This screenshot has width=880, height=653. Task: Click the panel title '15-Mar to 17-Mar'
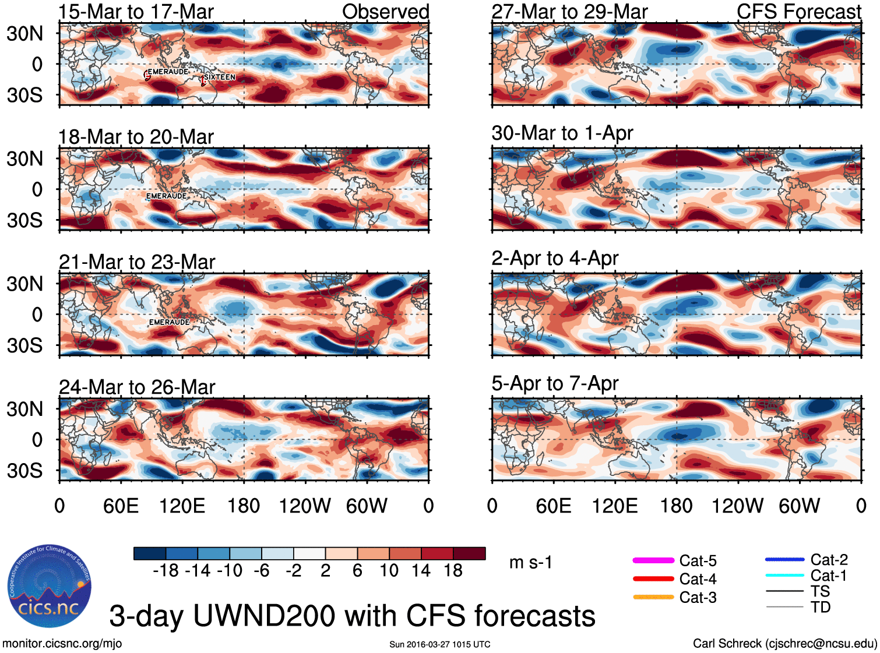tap(136, 12)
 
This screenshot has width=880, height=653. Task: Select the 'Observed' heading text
tap(385, 12)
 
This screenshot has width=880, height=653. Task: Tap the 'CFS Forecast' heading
tap(798, 12)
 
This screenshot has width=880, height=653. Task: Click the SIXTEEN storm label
tap(219, 77)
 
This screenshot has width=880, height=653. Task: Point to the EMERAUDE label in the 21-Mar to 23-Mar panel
tap(169, 322)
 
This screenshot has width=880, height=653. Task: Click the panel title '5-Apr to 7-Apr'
tap(555, 383)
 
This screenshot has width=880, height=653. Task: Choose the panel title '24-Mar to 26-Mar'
tap(137, 387)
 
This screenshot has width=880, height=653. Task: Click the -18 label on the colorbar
tap(166, 571)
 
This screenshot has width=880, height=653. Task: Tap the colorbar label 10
tap(389, 571)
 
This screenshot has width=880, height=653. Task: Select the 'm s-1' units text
tap(530, 563)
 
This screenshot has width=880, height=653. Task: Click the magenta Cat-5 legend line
tap(653, 560)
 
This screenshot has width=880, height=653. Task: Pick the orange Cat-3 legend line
tap(653, 597)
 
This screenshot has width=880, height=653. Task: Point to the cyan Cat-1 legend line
tap(784, 576)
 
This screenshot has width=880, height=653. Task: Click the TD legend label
tap(821, 608)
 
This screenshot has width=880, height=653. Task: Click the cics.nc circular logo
tap(50, 587)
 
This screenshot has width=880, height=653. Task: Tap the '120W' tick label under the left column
tap(305, 506)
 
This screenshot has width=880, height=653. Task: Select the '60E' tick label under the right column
tap(554, 506)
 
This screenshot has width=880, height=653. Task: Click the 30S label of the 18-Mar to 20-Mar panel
tap(24, 220)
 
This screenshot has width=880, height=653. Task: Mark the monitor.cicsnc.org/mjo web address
tap(62, 644)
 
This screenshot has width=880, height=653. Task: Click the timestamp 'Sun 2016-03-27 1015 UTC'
tap(440, 644)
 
